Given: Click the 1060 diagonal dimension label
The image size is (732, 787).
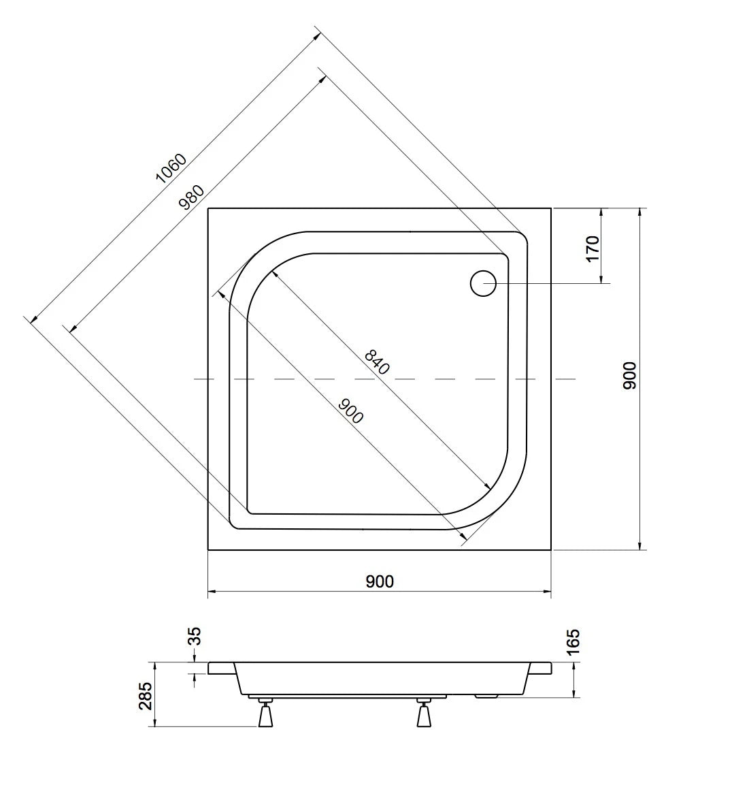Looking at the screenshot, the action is click(x=171, y=167).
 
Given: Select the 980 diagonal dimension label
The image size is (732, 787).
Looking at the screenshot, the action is click(x=192, y=197).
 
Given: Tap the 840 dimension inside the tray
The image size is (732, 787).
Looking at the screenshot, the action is click(x=377, y=362).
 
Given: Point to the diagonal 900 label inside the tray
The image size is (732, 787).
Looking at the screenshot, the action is click(x=351, y=411).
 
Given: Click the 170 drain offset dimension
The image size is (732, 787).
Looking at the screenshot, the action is click(x=593, y=248).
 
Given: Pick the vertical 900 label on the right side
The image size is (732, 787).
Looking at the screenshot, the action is click(x=629, y=375).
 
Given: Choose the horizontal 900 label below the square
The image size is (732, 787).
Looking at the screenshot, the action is click(x=380, y=581).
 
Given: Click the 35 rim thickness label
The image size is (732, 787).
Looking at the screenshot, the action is click(x=194, y=636).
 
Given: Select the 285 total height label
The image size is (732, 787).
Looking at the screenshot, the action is click(x=145, y=696).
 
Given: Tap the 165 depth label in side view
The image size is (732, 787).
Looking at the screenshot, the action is click(x=572, y=641).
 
